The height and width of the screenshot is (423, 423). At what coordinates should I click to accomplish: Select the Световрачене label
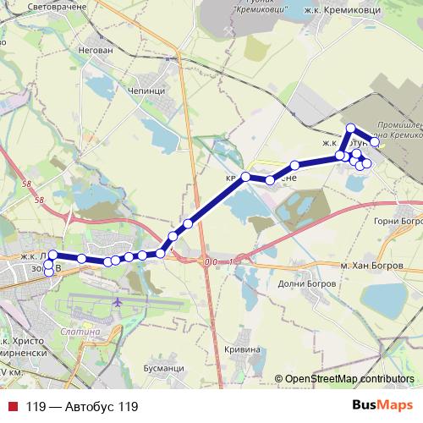click(x=58, y=8)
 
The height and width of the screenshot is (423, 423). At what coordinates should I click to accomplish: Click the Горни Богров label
click(x=397, y=220)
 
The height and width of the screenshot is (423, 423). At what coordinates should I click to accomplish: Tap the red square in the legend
click(x=12, y=407)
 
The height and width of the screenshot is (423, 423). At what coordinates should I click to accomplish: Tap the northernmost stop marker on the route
click(x=349, y=128)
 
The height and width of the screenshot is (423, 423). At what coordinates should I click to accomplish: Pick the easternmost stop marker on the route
click(x=375, y=142)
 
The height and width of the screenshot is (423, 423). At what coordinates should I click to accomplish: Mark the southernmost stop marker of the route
click(x=47, y=272)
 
